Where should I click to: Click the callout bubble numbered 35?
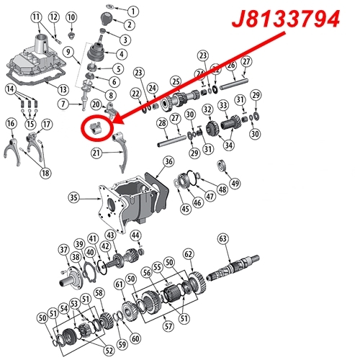[73, 195]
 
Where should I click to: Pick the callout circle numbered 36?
[168, 163]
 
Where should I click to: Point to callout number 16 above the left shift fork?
[11, 124]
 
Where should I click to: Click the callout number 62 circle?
[189, 253]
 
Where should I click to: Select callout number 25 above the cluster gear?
[175, 81]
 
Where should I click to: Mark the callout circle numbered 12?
[53, 17]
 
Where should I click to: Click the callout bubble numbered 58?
[98, 292]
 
